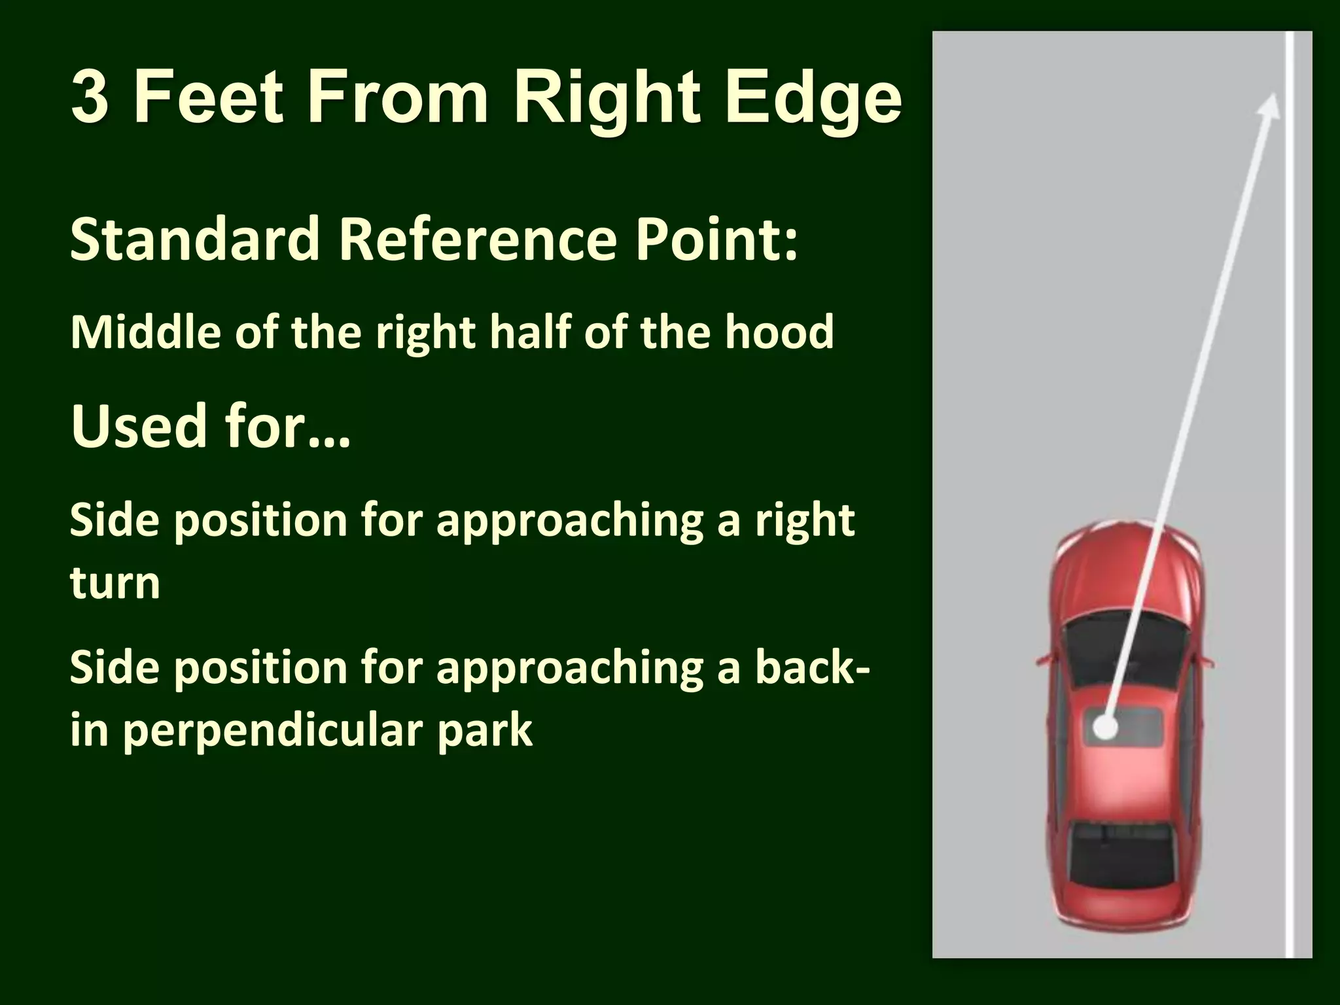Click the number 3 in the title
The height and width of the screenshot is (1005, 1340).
tap(89, 97)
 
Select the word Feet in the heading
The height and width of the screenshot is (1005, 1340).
tap(209, 97)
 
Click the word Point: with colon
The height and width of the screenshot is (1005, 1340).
tap(717, 239)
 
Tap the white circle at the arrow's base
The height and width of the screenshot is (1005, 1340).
tap(1105, 727)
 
